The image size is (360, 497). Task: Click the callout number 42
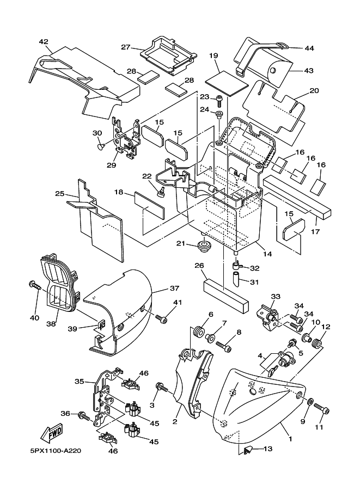click(44, 42)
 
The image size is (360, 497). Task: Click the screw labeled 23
click(219, 101)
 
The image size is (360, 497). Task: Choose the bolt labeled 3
click(161, 387)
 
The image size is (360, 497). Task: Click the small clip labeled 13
click(248, 449)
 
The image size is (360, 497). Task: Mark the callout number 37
click(174, 288)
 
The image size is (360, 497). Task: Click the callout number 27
click(125, 47)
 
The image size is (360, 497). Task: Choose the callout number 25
click(60, 193)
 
